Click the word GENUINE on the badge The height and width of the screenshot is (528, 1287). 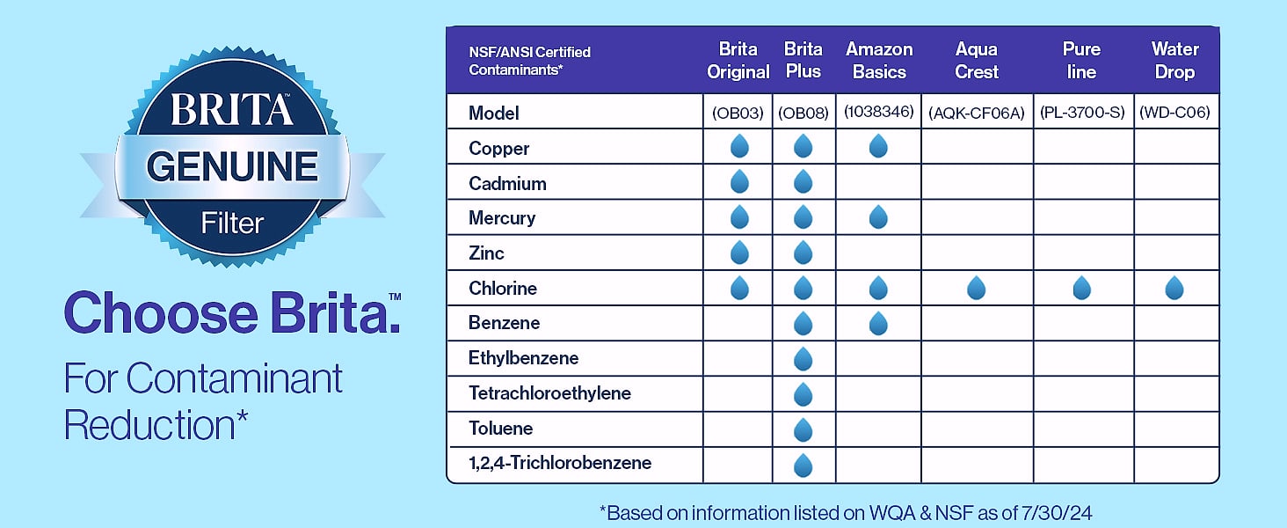232,167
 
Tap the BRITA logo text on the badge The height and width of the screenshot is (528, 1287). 231,109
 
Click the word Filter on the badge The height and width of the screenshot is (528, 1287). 232,224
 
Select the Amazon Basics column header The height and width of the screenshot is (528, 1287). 879,61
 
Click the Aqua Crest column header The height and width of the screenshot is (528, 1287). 976,61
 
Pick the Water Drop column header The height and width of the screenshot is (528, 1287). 1175,61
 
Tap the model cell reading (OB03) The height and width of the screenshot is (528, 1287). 738,113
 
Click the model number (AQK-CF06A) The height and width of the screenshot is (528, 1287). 976,113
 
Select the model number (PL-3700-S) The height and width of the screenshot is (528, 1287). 1082,112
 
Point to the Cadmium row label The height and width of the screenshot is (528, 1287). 507,183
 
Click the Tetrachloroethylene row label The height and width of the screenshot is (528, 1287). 549,393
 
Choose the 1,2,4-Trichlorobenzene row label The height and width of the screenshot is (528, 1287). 560,463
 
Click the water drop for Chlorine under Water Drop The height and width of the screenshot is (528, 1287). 1174,288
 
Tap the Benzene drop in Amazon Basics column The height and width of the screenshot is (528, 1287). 878,323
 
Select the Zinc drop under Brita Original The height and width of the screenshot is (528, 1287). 739,253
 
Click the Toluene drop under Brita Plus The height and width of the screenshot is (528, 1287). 803,429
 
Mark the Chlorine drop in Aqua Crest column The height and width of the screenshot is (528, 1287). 976,288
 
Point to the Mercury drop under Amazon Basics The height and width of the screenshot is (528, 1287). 878,217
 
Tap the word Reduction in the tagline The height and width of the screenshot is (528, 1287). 149,426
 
